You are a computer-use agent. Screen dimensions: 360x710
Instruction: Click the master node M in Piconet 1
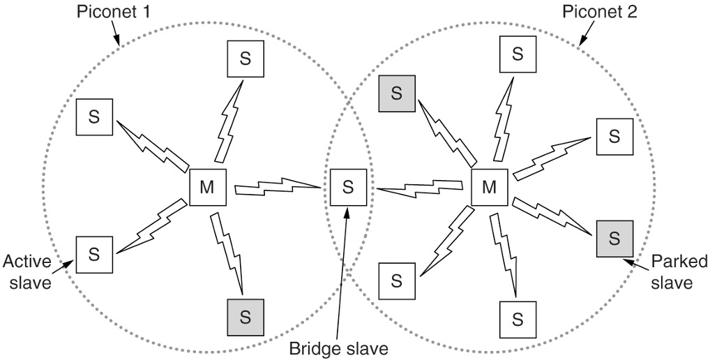coord(208,187)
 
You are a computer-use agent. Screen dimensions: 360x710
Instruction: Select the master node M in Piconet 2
coord(490,187)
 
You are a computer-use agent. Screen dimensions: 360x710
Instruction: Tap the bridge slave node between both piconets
coord(348,187)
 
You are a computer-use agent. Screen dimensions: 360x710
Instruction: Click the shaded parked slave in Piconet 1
coord(246,316)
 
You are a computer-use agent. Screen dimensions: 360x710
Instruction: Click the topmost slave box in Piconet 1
coord(246,59)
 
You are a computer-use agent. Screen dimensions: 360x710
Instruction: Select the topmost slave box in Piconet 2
coord(517,54)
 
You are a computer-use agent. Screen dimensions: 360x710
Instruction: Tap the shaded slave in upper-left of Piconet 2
coord(396,93)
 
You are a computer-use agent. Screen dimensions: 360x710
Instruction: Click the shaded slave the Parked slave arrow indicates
coord(614,238)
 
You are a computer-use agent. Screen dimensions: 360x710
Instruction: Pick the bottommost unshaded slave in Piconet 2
coord(517,320)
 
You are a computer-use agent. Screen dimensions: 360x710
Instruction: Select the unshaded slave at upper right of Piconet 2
coord(614,136)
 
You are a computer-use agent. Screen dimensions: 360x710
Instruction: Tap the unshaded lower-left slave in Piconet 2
coord(396,280)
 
